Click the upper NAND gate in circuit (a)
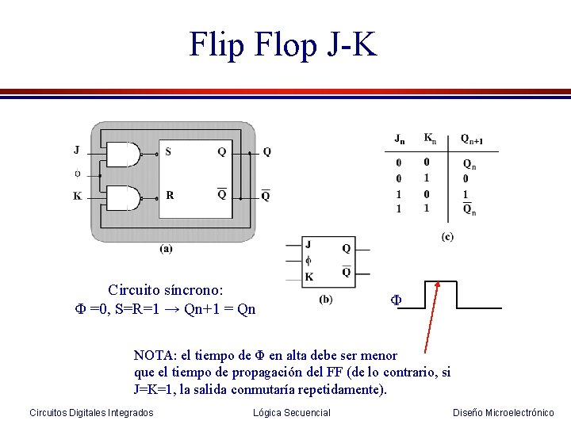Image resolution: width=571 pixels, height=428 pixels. [x=123, y=155]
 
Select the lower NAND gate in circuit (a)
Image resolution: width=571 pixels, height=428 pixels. [x=123, y=198]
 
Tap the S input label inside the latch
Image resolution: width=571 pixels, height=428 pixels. [x=167, y=151]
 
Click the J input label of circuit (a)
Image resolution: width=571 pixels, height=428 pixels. [x=76, y=149]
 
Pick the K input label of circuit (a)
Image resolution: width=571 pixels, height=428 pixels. [x=77, y=196]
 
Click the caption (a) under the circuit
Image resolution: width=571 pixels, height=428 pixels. [x=167, y=248]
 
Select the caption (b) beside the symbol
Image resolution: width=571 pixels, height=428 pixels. [x=326, y=299]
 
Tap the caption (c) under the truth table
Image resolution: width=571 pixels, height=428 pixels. [x=448, y=237]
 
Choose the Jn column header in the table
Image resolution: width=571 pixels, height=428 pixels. [x=400, y=140]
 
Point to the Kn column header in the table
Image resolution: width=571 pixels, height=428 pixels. [x=429, y=139]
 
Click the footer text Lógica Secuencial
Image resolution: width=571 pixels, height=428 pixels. [x=291, y=412]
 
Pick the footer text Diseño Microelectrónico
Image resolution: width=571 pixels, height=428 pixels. [x=503, y=412]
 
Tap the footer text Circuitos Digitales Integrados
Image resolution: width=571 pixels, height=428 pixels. [x=91, y=412]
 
